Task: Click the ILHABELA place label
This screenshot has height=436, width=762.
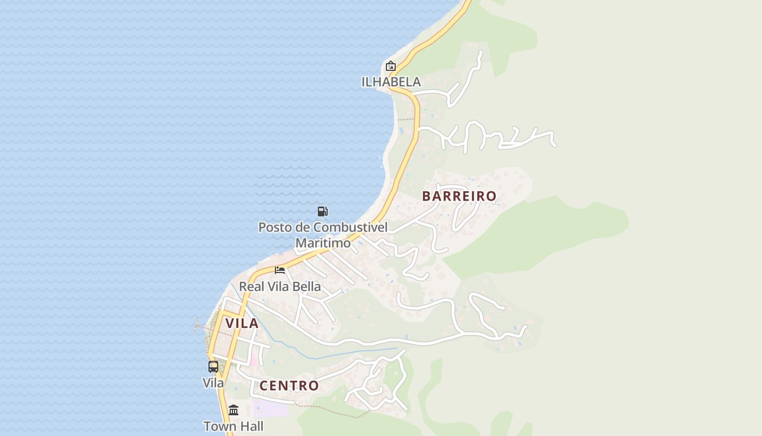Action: coord(391,82)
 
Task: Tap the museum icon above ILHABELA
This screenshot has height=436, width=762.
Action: coord(390,66)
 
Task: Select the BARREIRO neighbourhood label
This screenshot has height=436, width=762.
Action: coord(459,196)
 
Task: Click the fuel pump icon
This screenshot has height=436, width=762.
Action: coord(322,211)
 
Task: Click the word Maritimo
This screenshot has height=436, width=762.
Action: coord(323,243)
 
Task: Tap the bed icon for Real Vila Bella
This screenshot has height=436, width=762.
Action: coord(280,270)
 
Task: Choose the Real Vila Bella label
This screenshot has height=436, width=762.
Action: coord(280,286)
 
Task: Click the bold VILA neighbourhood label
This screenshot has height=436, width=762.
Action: coord(242,323)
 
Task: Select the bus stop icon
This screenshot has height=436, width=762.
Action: coord(213,367)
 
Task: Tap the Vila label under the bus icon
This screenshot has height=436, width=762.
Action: coord(213,383)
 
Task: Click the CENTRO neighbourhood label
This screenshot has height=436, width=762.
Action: coord(289,386)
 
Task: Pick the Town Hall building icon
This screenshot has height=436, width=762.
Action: coord(233,410)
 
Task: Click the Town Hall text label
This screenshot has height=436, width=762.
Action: coord(233,426)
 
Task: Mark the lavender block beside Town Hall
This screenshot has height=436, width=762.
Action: coord(270,408)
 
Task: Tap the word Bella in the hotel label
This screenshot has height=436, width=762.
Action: coord(305,286)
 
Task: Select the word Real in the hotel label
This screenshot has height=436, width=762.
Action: coord(251,286)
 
